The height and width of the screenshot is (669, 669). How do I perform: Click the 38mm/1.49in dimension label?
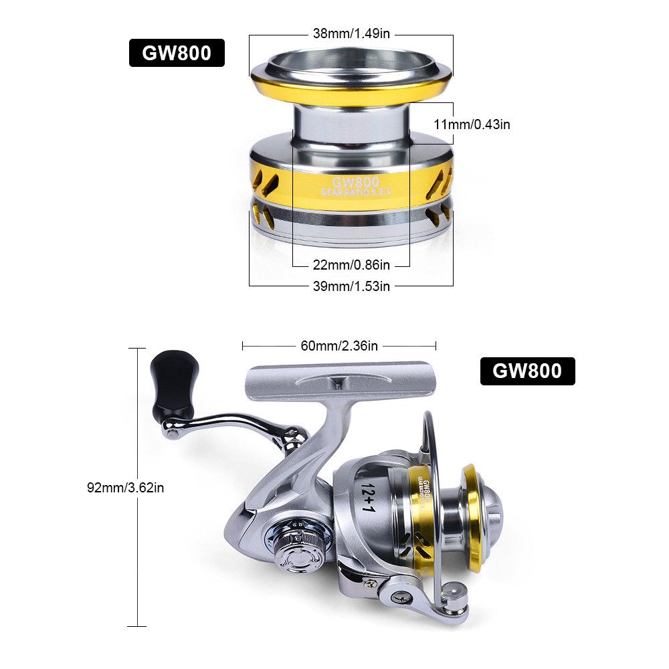pos(351,33)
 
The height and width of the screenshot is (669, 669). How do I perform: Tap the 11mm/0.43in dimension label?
pos(472,124)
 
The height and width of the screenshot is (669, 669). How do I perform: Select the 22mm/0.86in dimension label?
pos(351,266)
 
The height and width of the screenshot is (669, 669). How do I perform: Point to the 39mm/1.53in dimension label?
pos(351,286)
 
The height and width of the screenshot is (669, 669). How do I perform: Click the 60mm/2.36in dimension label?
pos(339,346)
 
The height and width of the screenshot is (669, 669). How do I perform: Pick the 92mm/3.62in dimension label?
pos(126,487)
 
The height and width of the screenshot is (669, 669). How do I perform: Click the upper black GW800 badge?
pos(177,54)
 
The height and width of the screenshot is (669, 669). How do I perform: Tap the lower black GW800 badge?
pos(527,371)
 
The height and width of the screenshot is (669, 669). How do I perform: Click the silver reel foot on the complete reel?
pos(339,381)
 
